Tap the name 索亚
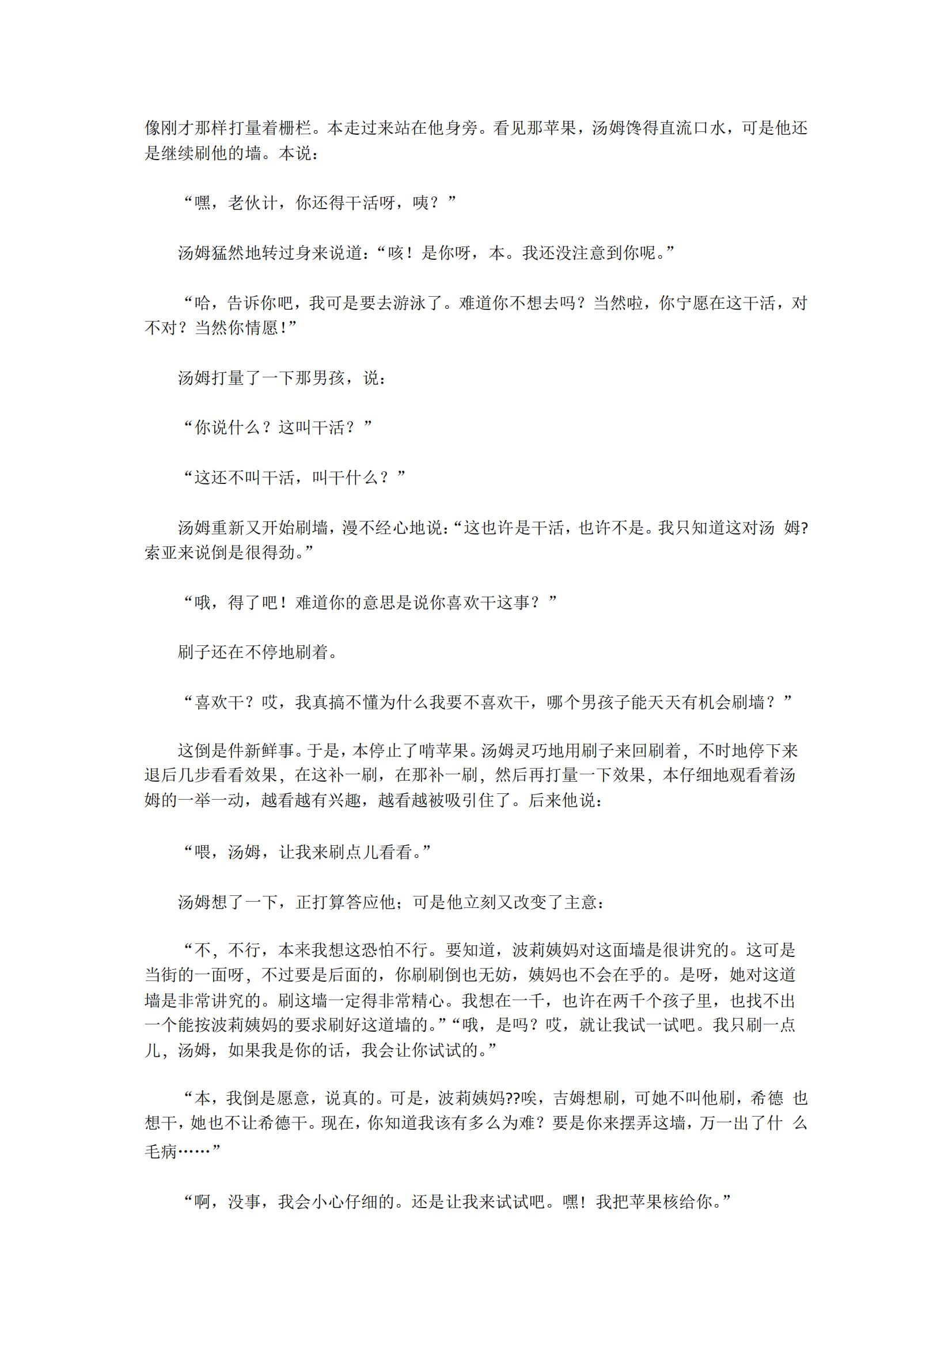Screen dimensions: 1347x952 (x=161, y=553)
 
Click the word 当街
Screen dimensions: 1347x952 (x=161, y=976)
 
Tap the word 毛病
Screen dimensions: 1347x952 (x=161, y=1152)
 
